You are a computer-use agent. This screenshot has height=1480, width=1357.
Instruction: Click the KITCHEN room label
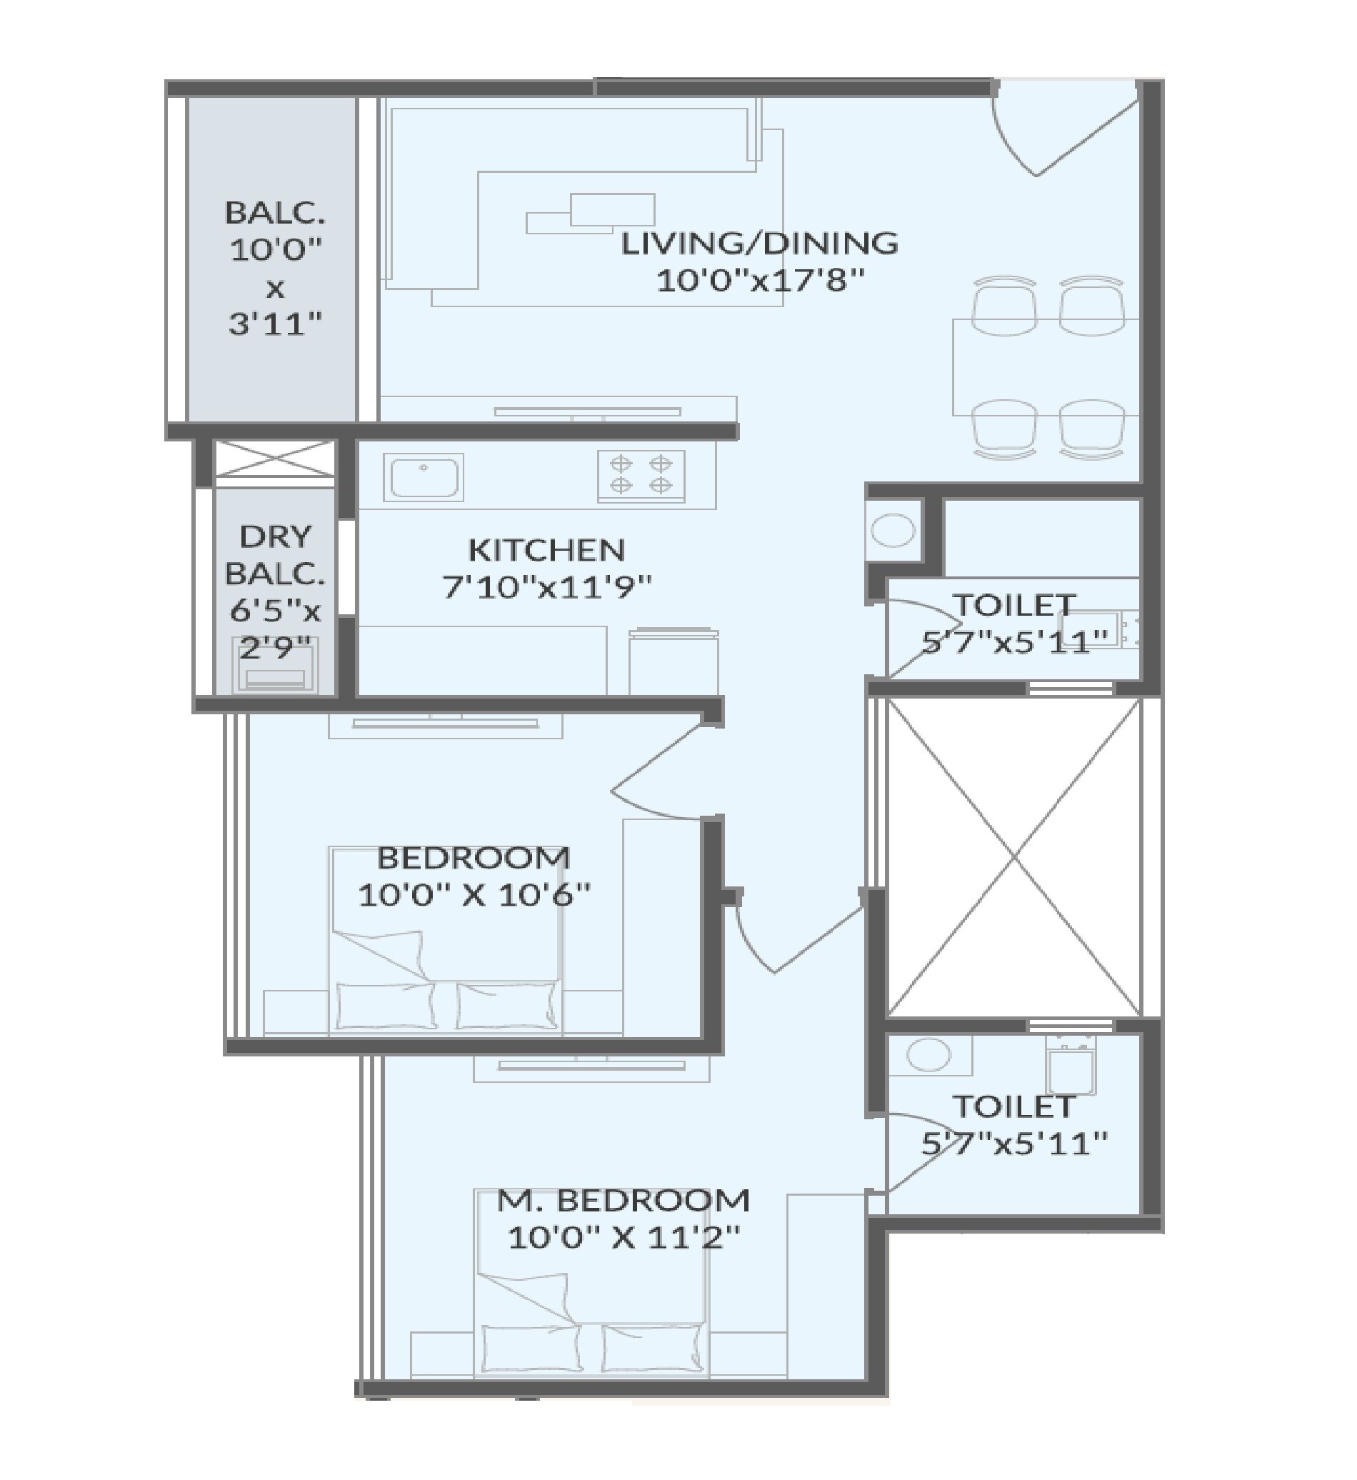(x=546, y=550)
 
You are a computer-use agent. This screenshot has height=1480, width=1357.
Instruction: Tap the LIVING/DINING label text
(x=759, y=243)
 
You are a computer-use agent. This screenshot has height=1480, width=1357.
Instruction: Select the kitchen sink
(x=422, y=477)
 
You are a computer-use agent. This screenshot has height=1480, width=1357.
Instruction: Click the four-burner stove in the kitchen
(x=641, y=475)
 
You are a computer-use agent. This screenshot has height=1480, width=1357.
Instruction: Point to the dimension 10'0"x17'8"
(x=759, y=281)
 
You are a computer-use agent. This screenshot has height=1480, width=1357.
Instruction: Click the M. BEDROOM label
(x=624, y=1200)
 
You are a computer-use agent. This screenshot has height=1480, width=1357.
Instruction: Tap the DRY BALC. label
(x=276, y=555)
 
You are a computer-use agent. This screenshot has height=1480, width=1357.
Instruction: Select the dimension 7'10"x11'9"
(x=546, y=588)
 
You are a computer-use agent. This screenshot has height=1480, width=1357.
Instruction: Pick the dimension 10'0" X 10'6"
(x=474, y=895)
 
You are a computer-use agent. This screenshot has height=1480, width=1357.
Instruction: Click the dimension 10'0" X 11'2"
(x=624, y=1239)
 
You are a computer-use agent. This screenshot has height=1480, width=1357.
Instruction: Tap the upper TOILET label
(x=1014, y=605)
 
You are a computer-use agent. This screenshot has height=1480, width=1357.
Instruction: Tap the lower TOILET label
(x=1014, y=1106)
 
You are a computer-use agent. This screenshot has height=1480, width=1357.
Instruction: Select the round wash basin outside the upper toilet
(x=893, y=530)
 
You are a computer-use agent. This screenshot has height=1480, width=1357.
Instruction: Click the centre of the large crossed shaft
(x=1014, y=857)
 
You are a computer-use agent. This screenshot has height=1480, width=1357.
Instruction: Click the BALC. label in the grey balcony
(x=275, y=213)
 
